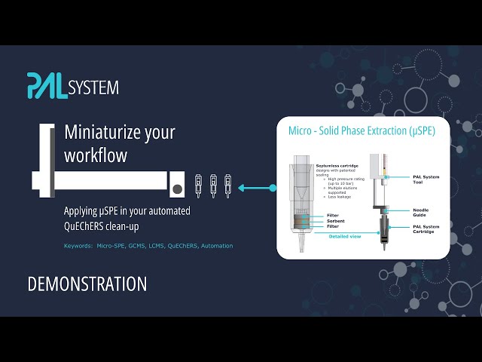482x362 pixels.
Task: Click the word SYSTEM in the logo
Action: tap(93, 88)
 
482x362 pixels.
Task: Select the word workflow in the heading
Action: tap(96, 155)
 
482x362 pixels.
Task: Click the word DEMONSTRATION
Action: tap(87, 284)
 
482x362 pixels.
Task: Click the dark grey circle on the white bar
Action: tap(176, 188)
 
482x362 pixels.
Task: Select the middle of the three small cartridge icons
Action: tap(213, 186)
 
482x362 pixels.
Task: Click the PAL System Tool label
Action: tap(426, 179)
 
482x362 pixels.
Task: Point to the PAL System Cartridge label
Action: tap(426, 229)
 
